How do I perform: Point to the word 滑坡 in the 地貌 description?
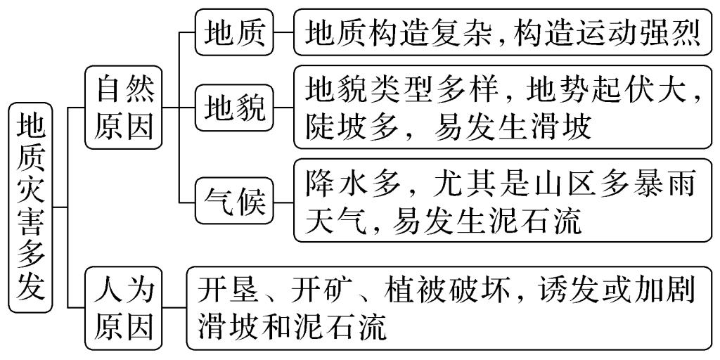click(562, 128)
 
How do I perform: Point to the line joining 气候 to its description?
click(283, 202)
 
